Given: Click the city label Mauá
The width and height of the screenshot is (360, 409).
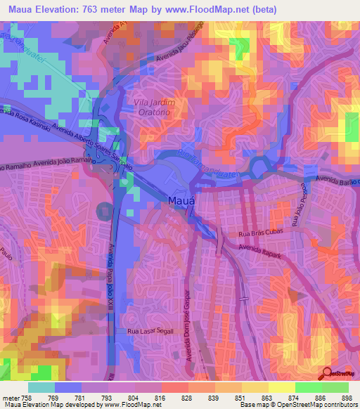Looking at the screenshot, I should point(181,202).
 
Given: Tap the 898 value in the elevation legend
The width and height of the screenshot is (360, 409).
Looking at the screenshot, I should point(345,397).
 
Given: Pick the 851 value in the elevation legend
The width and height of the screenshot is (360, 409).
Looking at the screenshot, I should point(239,397).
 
